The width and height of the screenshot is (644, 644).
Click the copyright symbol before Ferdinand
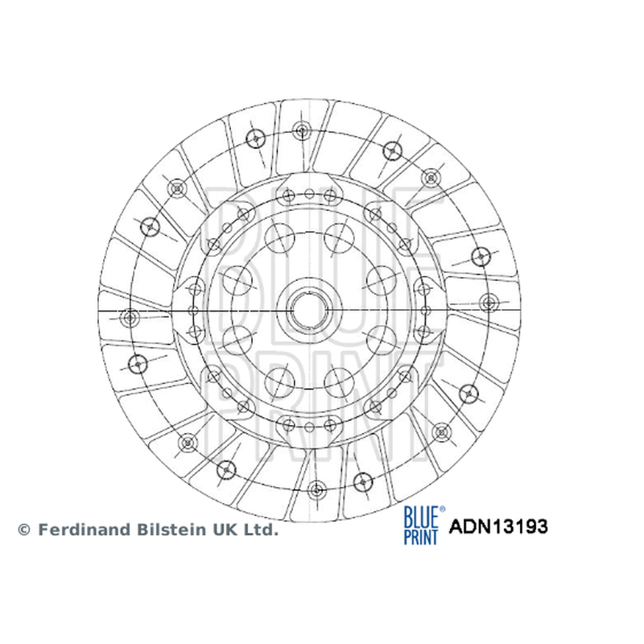click(x=24, y=530)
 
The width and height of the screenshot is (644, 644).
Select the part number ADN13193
click(x=498, y=526)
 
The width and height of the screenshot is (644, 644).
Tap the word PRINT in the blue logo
click(x=420, y=536)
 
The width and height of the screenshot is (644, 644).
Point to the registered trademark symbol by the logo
click(x=442, y=510)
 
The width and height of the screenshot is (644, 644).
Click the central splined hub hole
click(x=309, y=310)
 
